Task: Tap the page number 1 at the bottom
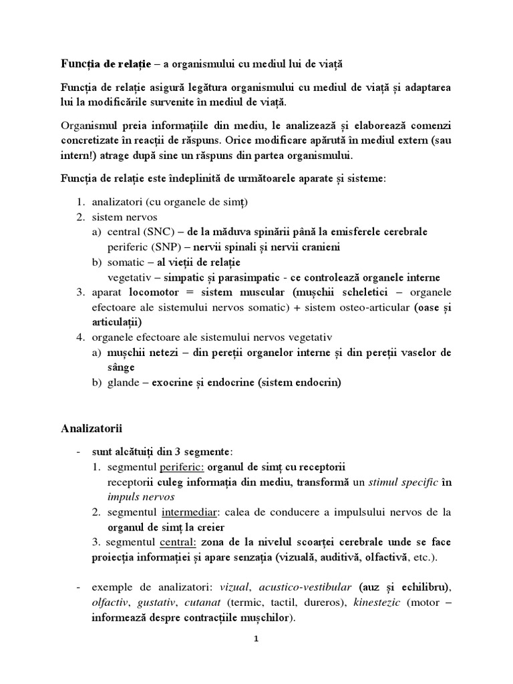[256, 639]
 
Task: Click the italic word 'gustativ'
[156, 603]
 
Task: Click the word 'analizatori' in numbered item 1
[114, 202]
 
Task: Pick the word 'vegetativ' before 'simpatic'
[129, 277]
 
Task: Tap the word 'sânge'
[120, 367]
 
